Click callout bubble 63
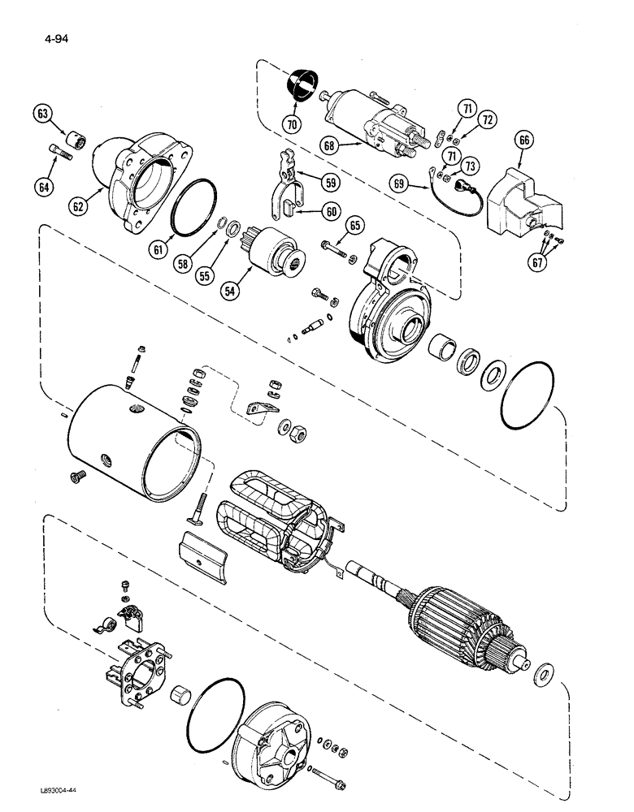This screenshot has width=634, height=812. (42, 114)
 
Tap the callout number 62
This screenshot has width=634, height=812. (78, 206)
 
